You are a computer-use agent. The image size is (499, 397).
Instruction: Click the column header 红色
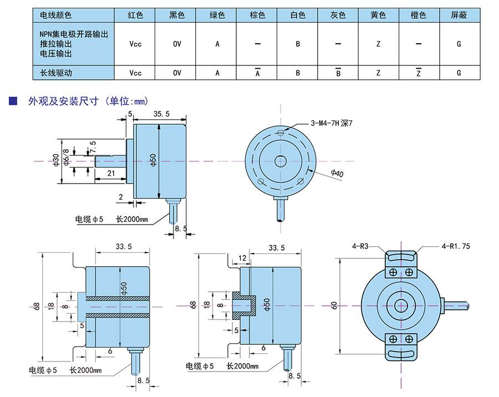click(136, 15)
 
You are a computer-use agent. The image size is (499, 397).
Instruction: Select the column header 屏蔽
click(459, 15)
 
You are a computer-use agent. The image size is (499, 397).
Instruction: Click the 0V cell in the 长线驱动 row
click(177, 73)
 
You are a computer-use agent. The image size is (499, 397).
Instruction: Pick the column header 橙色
click(419, 15)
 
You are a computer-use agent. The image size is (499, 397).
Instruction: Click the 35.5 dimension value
click(161, 114)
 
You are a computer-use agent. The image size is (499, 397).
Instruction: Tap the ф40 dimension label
click(337, 174)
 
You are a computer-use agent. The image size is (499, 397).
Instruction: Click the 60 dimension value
click(334, 305)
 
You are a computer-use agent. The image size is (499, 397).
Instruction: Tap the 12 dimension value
click(242, 258)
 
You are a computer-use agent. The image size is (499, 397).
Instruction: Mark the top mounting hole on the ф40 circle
click(281, 133)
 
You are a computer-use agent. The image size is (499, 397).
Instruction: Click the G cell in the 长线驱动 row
click(459, 73)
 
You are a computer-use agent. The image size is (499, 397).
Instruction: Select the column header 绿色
click(217, 15)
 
